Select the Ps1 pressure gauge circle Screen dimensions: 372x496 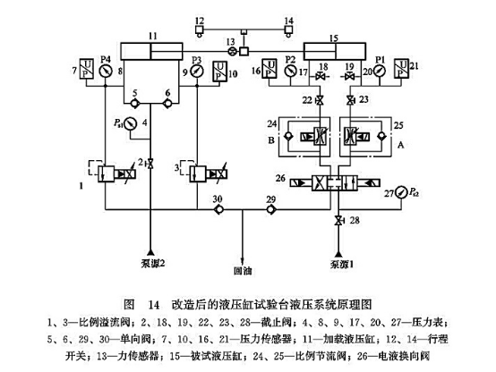(132, 123)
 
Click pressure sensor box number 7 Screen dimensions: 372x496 (85, 70)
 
